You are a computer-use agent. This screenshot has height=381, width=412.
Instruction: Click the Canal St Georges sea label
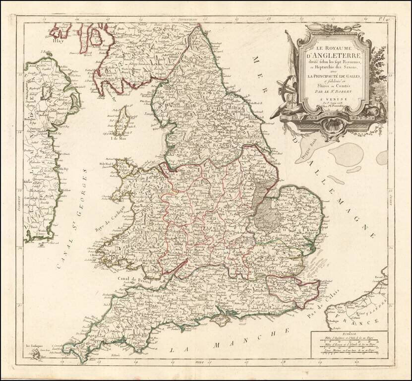74,218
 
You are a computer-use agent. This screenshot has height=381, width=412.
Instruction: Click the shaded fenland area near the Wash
263,208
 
